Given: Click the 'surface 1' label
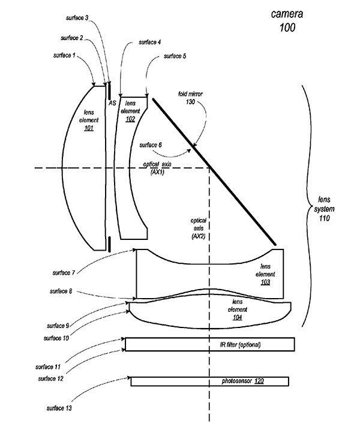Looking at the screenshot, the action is tap(64, 56).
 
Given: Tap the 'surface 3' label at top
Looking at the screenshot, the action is tap(77, 18).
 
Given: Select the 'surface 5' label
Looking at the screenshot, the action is tap(175, 56).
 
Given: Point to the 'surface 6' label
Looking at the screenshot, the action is tap(151, 145).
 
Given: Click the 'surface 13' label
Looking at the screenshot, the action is tap(59, 408).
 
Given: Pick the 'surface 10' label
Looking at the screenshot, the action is tap(56, 338).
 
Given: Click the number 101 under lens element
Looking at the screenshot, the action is tap(89, 128).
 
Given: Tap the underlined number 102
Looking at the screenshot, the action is tap(130, 119).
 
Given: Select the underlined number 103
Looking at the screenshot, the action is tap(265, 282).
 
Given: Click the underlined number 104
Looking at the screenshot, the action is tap(238, 317).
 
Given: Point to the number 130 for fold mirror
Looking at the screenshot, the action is tap(190, 102).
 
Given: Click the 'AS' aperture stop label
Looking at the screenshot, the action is tap(112, 103).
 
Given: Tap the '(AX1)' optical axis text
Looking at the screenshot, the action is tap(157, 172).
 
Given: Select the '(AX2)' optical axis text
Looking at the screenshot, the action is tap(199, 236).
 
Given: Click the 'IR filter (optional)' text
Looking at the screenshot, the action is tap(240, 345).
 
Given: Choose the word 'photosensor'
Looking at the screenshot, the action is tap(237, 381).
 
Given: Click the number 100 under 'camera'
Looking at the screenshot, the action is tap(287, 28).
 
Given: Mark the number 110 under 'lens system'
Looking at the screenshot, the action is tap(325, 218).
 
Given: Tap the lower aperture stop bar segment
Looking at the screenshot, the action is tap(109, 244).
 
